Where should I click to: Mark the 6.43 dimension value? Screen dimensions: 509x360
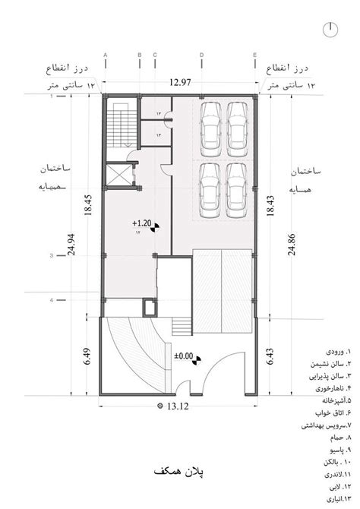(x=272, y=353)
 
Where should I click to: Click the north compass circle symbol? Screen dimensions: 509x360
(x=331, y=28)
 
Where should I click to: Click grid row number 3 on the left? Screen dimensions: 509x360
(x=51, y=255)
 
